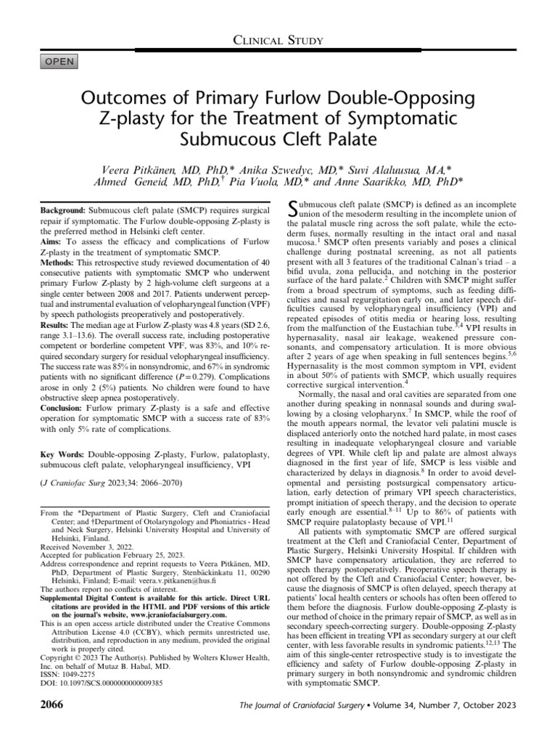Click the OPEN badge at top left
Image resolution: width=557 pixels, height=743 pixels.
pyautogui.click(x=60, y=62)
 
